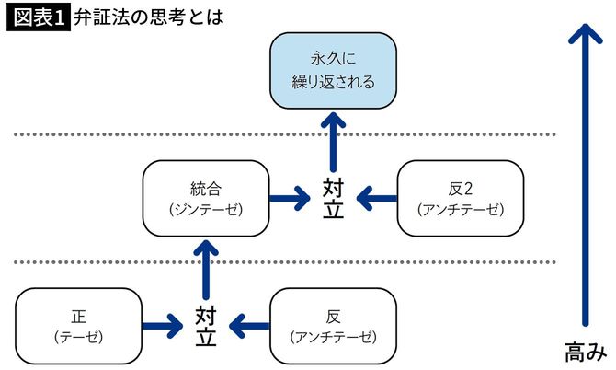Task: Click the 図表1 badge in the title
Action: click(38, 17)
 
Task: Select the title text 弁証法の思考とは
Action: click(148, 17)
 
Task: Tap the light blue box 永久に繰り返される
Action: click(332, 70)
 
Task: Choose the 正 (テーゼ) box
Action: click(79, 324)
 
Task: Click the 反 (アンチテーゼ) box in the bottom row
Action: click(333, 324)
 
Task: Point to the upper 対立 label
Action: click(333, 197)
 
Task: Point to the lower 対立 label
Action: click(206, 325)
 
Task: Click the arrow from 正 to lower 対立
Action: click(165, 324)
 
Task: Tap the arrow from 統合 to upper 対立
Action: click(292, 197)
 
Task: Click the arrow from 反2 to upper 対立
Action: click(374, 197)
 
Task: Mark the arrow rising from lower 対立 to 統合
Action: click(206, 267)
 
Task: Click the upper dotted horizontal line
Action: click(276, 134)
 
